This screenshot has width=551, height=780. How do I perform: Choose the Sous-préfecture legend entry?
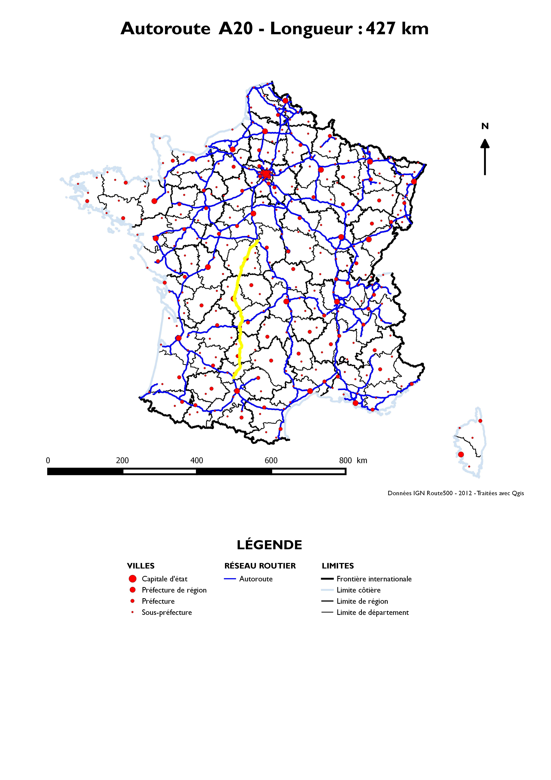tap(167, 613)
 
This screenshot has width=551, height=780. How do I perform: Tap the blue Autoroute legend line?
tap(230, 579)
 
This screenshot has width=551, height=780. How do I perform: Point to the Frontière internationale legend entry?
tap(374, 579)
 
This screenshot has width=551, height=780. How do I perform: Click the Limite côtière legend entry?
tap(359, 590)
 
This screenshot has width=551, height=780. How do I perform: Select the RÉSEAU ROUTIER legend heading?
tap(260, 566)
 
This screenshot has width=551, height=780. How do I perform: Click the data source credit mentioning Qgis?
tap(456, 493)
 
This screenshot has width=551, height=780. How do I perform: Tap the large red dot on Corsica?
tap(461, 454)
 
